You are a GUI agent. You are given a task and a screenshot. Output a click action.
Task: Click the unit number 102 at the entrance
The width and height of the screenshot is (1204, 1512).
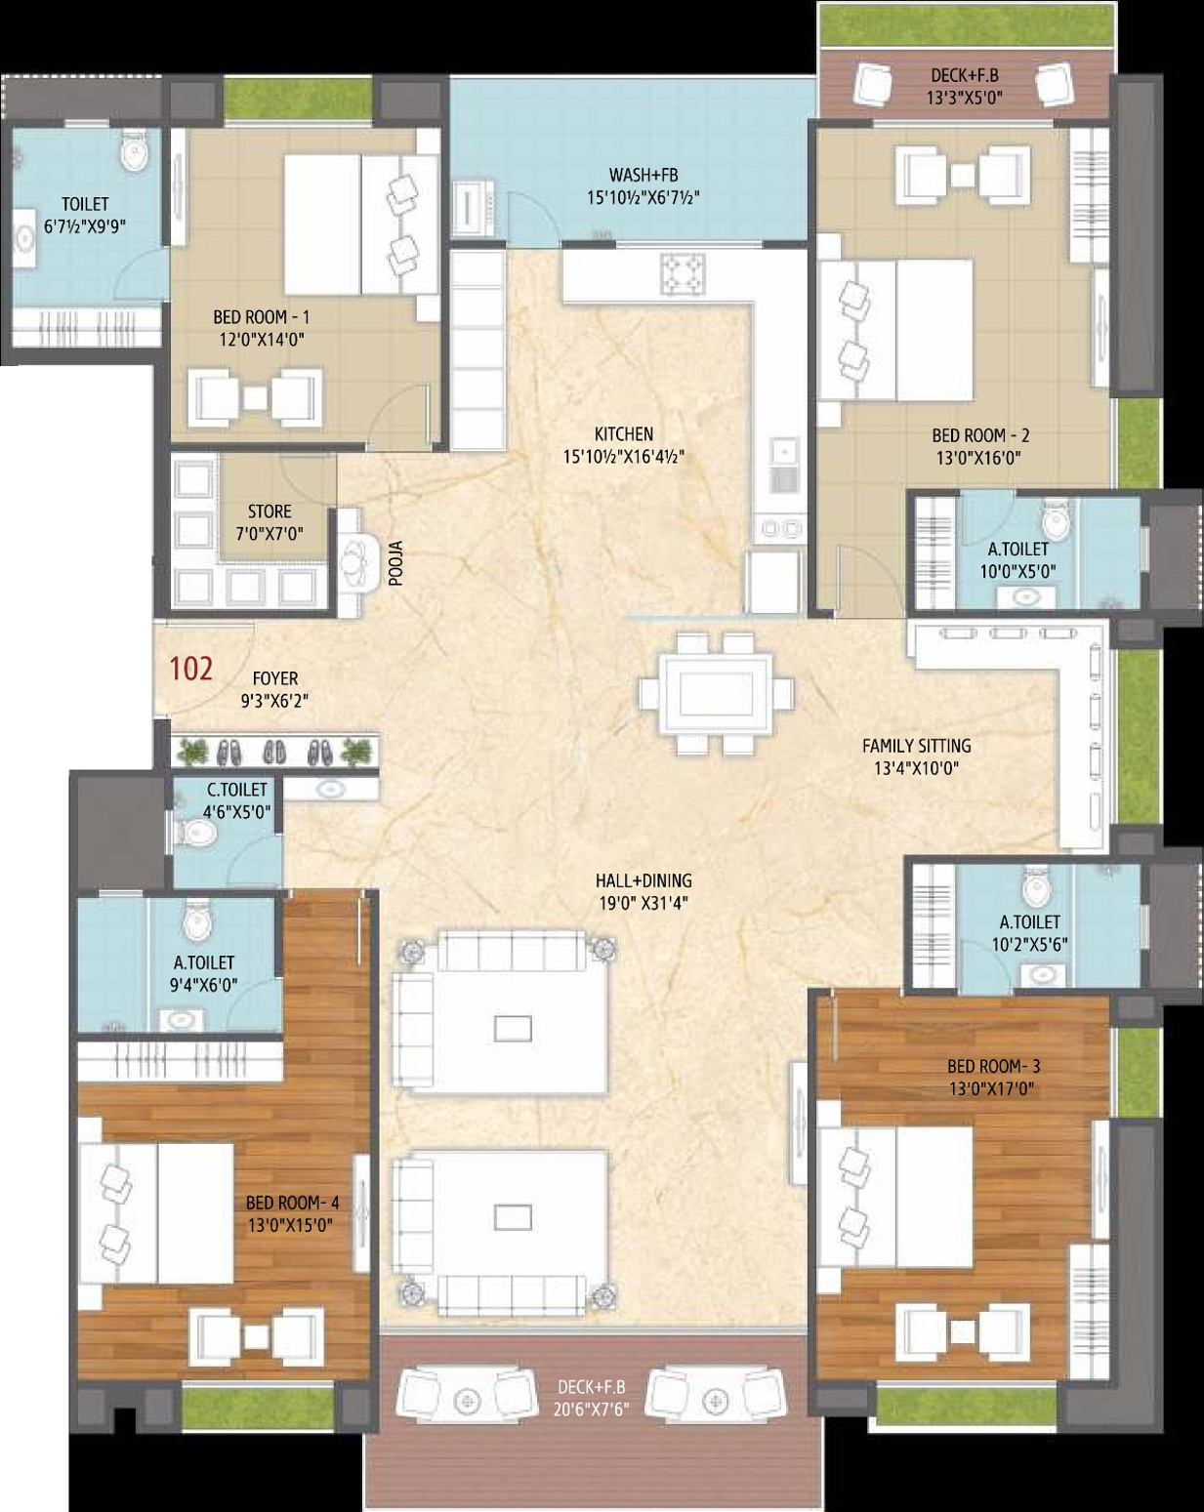[191, 669]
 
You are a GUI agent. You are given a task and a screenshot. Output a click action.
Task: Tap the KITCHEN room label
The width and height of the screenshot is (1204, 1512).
[623, 434]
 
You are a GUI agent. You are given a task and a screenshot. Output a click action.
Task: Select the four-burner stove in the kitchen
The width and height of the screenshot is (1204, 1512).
[682, 273]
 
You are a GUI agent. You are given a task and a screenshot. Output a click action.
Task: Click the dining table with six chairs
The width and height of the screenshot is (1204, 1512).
[717, 693]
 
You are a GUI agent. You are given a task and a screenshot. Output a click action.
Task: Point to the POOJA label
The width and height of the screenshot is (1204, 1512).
[395, 563]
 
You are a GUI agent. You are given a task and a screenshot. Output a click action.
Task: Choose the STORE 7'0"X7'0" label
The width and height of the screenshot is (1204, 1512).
[270, 522]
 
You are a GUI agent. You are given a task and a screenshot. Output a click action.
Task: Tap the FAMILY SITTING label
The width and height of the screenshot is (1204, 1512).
[917, 746]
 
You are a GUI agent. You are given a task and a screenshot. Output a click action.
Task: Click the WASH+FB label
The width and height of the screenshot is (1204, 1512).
[644, 175]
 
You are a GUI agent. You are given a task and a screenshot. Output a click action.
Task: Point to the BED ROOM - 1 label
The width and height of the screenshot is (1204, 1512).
[262, 317]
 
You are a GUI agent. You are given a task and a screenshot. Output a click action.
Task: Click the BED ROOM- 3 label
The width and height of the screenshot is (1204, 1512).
[993, 1066]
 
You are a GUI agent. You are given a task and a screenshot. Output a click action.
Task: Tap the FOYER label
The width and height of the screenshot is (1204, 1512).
[275, 678]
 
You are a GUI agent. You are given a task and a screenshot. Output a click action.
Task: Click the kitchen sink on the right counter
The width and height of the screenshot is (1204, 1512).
[783, 467]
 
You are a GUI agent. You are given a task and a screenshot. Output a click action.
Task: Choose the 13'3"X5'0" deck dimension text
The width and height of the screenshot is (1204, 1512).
[964, 97]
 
